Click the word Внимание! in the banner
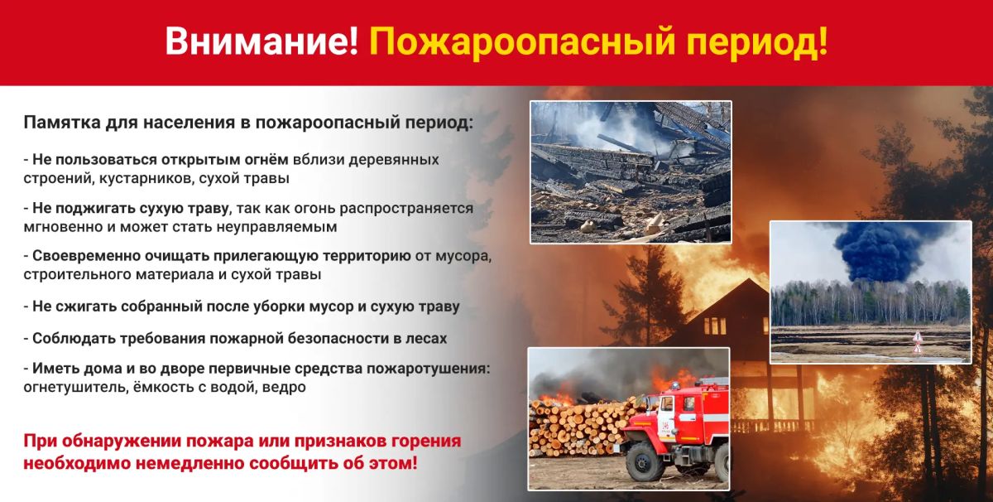(261, 41)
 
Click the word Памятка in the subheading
(62, 123)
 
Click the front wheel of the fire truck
(643, 462)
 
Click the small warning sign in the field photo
(918, 343)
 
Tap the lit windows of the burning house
(715, 326)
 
